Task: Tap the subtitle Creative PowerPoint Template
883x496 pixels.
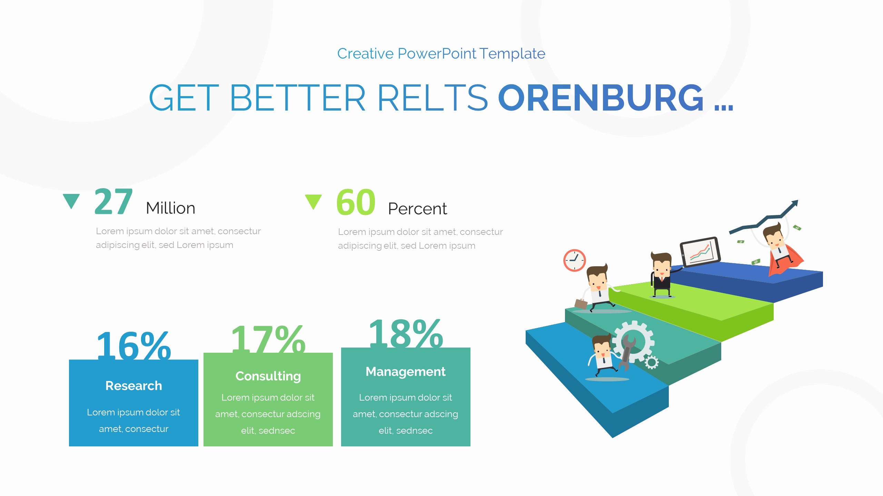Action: pyautogui.click(x=441, y=54)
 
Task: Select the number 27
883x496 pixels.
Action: pyautogui.click(x=113, y=202)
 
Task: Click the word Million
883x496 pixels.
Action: pyautogui.click(x=170, y=208)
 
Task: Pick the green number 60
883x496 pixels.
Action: pyautogui.click(x=356, y=202)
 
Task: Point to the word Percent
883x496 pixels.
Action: pyautogui.click(x=417, y=209)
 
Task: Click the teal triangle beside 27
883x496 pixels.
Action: pyautogui.click(x=71, y=201)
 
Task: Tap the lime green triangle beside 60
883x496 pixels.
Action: pyautogui.click(x=314, y=202)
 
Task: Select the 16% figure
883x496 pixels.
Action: pyautogui.click(x=134, y=345)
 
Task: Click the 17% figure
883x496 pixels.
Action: pyautogui.click(x=268, y=339)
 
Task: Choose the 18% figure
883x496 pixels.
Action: pyautogui.click(x=406, y=333)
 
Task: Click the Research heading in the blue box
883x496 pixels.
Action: pyautogui.click(x=133, y=386)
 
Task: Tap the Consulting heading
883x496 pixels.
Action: pyautogui.click(x=268, y=376)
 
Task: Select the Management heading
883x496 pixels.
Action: pyautogui.click(x=406, y=372)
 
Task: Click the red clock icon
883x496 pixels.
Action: pyautogui.click(x=575, y=260)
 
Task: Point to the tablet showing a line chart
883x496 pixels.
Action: pyautogui.click(x=700, y=252)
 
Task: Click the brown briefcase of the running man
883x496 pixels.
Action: pyautogui.click(x=581, y=304)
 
